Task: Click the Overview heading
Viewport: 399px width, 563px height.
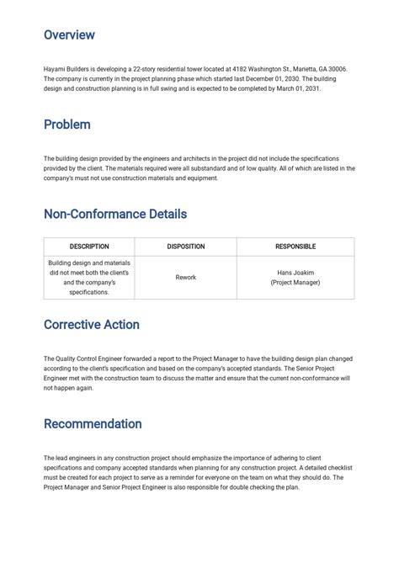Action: click(x=69, y=35)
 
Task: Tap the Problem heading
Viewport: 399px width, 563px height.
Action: click(x=66, y=125)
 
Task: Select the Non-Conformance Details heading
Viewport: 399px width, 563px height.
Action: click(x=114, y=214)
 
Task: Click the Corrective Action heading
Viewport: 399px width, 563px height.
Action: click(x=91, y=325)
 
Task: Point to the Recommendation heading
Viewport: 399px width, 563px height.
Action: click(x=93, y=423)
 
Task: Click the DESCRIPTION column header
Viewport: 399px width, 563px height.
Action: click(x=88, y=247)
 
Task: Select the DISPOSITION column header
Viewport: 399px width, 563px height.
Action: click(x=185, y=247)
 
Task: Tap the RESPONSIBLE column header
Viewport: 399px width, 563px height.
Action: click(x=295, y=247)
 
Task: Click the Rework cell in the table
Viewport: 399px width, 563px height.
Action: click(x=185, y=277)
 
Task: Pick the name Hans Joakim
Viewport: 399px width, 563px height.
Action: click(x=295, y=273)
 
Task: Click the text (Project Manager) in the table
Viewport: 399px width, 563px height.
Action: click(x=295, y=283)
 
